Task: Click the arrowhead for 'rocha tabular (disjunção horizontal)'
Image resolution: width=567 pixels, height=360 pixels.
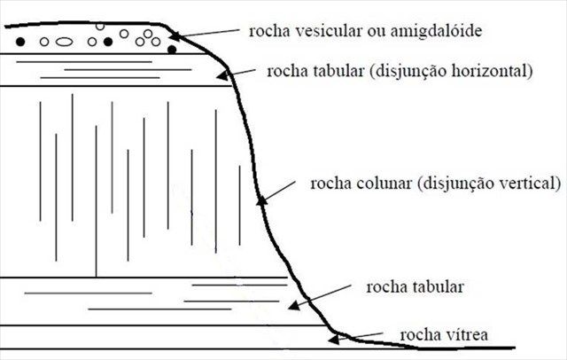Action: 227,76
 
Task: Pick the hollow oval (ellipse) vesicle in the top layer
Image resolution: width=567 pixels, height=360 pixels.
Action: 63,41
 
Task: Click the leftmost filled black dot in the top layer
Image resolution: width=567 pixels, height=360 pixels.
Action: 19,42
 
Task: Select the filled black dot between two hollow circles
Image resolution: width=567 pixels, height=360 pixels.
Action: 108,41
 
